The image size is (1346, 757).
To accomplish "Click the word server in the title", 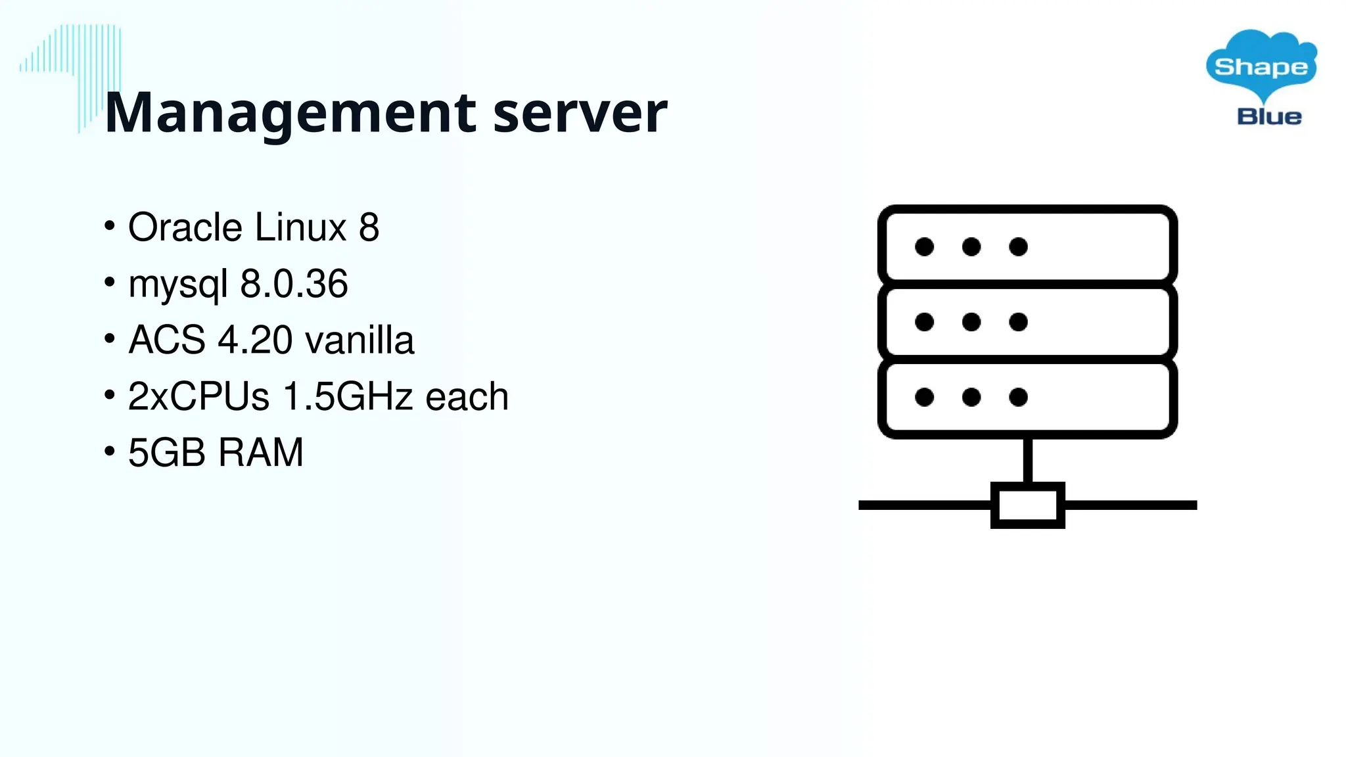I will [580, 113].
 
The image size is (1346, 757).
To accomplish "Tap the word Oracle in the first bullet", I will [185, 227].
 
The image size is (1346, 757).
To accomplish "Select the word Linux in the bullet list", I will [300, 227].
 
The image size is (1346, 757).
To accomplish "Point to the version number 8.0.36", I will [294, 284].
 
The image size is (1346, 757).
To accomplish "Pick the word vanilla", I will [360, 340].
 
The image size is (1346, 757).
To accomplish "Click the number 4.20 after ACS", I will [255, 340].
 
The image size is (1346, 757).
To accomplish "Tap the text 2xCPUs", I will [198, 397].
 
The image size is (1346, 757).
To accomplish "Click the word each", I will [467, 397].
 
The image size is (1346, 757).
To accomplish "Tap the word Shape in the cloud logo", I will [1261, 66].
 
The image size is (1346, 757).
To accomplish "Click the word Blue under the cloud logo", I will [1269, 117].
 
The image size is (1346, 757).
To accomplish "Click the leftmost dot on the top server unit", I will [924, 246].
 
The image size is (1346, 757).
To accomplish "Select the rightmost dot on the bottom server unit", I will [1018, 397].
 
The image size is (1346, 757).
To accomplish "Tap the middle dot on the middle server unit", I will [971, 322].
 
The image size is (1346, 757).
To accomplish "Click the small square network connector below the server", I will [1027, 505].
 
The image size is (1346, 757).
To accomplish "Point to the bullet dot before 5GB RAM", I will [110, 451].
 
